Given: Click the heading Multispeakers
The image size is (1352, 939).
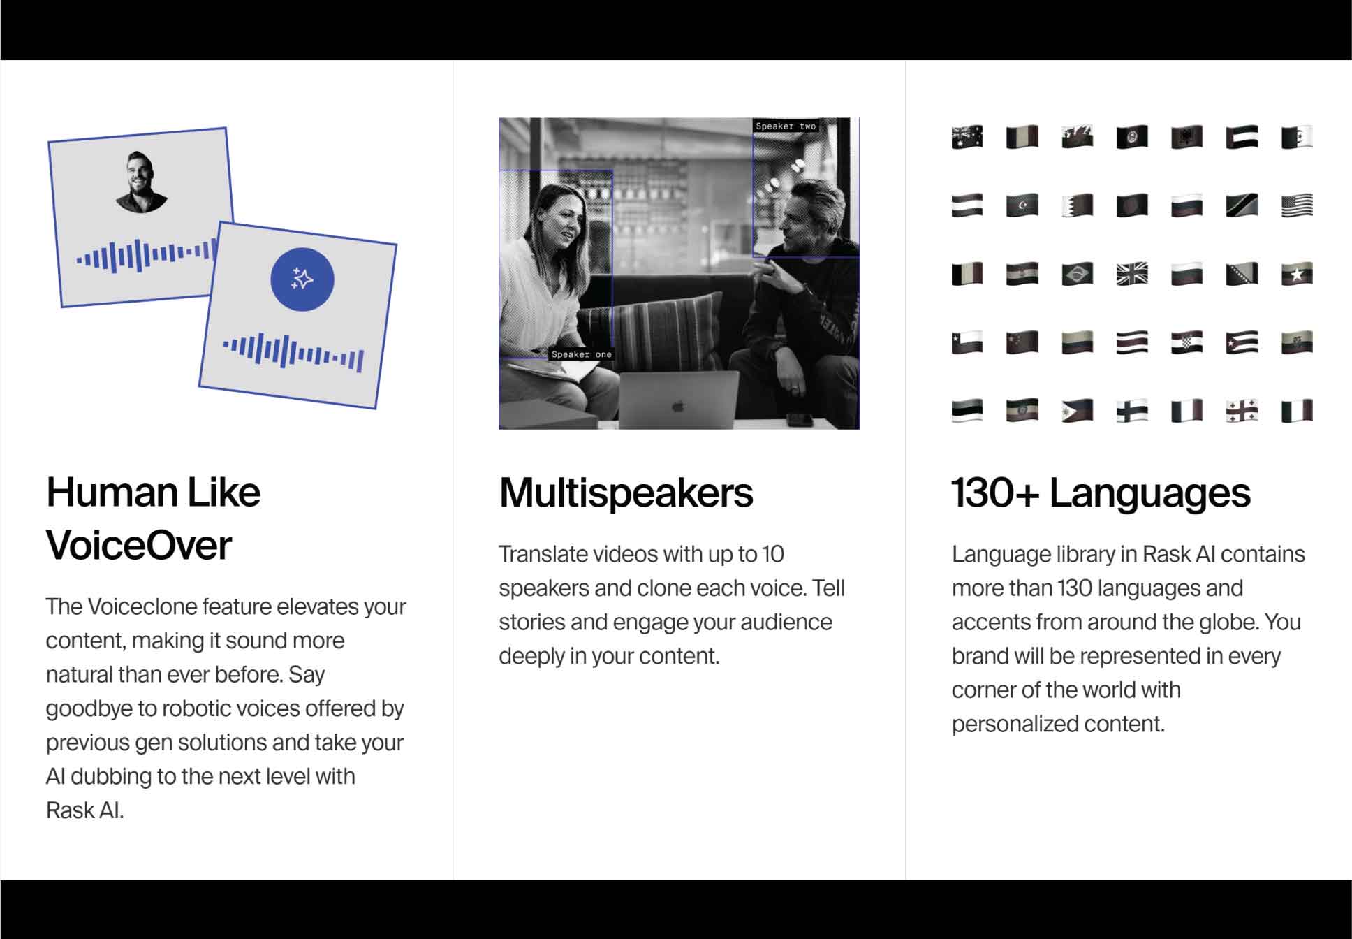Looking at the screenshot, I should [x=626, y=493].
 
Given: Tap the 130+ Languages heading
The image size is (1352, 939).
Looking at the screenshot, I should [x=1101, y=493].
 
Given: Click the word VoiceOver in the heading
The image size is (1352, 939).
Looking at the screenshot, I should [x=138, y=546].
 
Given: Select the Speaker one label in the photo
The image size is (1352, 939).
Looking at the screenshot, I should [x=581, y=354].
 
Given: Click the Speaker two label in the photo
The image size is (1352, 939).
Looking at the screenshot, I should [x=786, y=126].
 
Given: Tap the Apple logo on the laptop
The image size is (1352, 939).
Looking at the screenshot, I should [x=677, y=406].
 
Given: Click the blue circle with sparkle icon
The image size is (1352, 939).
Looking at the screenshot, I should [x=302, y=279].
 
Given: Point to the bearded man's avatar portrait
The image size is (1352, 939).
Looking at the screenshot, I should [x=142, y=182].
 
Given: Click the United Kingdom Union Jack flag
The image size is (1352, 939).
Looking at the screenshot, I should [x=1132, y=274].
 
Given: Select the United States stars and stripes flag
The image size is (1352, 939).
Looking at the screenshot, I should [x=1297, y=205].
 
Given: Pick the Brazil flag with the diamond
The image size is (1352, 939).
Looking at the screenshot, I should [x=1077, y=274].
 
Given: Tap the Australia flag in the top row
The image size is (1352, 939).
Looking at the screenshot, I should [x=967, y=137].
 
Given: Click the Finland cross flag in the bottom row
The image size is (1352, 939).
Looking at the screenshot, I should [x=1132, y=411].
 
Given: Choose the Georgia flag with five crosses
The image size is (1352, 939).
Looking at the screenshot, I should [x=1242, y=411].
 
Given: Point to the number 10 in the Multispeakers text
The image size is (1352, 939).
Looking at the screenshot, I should [x=772, y=555].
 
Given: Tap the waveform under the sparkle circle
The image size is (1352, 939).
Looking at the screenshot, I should [x=293, y=351].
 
